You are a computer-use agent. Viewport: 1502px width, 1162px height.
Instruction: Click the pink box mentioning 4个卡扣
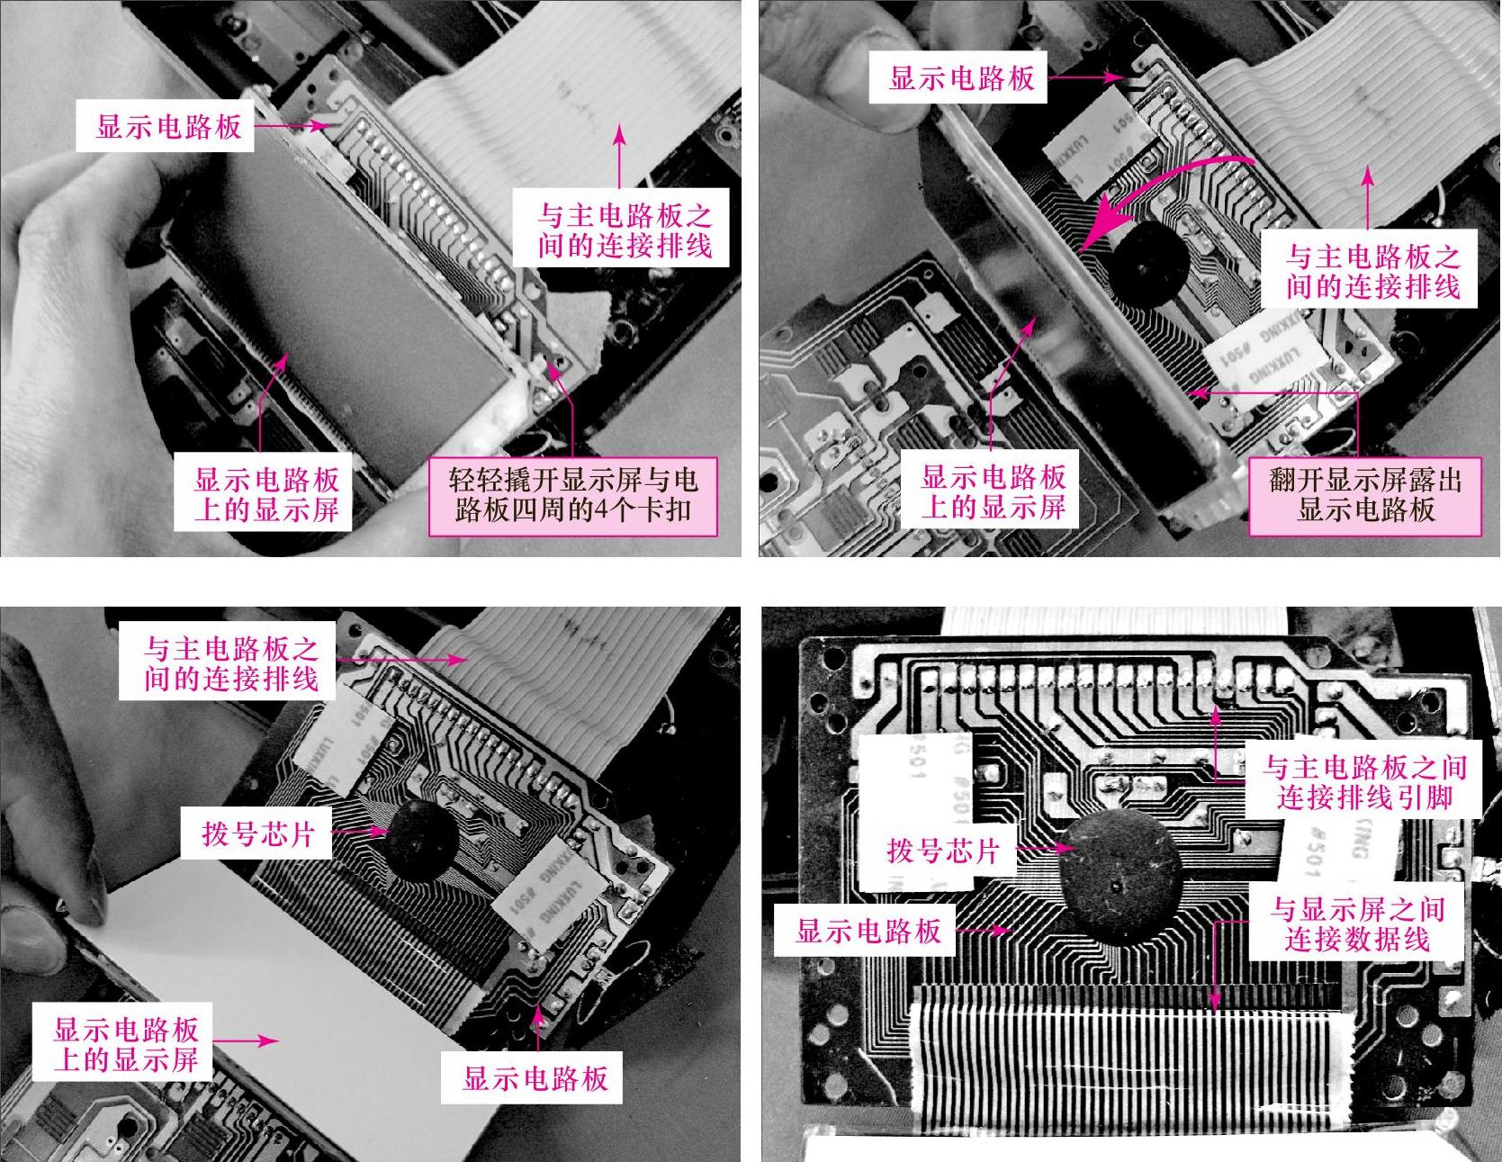coord(571,496)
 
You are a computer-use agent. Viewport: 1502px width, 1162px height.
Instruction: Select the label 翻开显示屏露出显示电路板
coord(1365,496)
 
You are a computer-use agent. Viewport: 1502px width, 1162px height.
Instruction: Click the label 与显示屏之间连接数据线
coord(1356,924)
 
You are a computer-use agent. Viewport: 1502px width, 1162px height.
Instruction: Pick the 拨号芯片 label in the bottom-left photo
coord(258,833)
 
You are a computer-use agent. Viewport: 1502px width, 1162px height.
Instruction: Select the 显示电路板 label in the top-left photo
coord(169,126)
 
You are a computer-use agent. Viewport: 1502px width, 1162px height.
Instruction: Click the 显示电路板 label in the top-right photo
coord(961,78)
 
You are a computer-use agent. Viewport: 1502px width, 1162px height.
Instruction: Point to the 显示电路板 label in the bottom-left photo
coord(535,1078)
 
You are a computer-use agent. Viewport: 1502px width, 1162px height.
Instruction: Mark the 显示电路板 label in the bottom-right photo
coord(868,931)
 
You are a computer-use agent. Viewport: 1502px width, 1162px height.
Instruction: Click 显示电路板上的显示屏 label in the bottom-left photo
coord(126,1044)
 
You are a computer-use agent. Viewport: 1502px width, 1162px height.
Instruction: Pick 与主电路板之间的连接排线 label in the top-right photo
coord(1372,272)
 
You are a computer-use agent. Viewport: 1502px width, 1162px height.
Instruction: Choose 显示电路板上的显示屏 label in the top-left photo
coord(267,494)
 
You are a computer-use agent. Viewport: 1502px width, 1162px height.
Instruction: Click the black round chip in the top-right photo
coord(1143,263)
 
